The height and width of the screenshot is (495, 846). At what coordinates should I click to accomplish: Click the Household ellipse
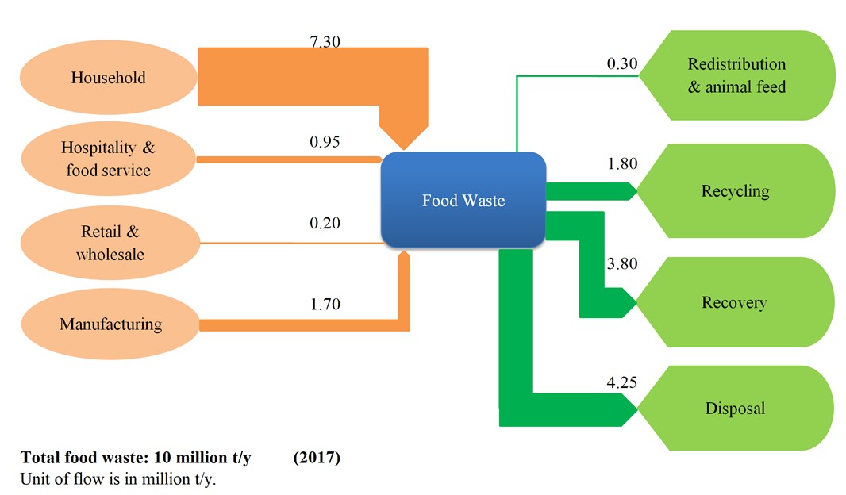click(x=109, y=77)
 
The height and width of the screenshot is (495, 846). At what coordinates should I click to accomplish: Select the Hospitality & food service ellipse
click(x=109, y=159)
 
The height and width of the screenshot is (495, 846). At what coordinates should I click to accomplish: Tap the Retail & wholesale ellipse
click(x=110, y=243)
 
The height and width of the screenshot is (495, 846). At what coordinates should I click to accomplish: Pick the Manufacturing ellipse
click(x=110, y=324)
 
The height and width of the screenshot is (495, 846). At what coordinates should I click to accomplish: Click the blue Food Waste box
click(x=463, y=200)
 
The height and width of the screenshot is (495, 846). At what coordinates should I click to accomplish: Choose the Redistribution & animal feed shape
click(x=736, y=75)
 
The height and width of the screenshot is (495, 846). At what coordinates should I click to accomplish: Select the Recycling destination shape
click(x=736, y=191)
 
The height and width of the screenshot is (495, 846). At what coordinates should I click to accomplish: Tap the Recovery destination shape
click(x=735, y=302)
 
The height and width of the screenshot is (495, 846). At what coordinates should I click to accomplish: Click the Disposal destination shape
click(x=736, y=409)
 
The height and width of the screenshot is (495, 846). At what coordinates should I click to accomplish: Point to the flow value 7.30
click(x=325, y=41)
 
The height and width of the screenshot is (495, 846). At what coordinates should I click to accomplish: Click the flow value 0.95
click(x=325, y=142)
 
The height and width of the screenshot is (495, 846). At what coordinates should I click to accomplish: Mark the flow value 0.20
click(x=325, y=223)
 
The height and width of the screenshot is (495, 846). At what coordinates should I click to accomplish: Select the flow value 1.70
click(x=325, y=304)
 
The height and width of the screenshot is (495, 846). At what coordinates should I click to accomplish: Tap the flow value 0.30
click(x=622, y=63)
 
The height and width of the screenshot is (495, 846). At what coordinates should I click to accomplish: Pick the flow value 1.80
click(x=623, y=163)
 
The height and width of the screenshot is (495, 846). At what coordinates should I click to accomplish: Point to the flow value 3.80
click(x=622, y=263)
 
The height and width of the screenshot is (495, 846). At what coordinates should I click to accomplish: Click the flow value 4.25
click(x=622, y=382)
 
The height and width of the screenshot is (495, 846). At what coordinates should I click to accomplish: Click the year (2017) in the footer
click(x=317, y=458)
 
